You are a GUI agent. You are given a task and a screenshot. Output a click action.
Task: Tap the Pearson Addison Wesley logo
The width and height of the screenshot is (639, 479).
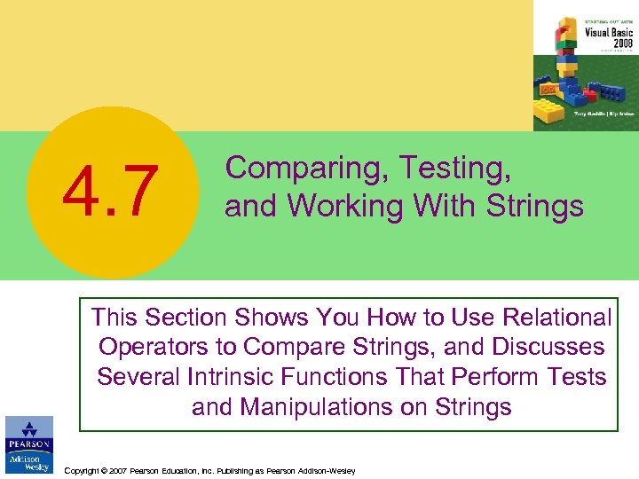(x=28, y=444)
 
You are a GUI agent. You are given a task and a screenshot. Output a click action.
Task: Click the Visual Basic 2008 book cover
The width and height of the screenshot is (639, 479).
(x=585, y=66)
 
